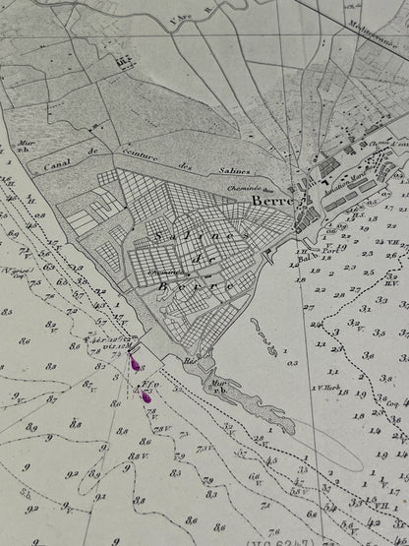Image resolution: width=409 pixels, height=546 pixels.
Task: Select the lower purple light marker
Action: [146, 396]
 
